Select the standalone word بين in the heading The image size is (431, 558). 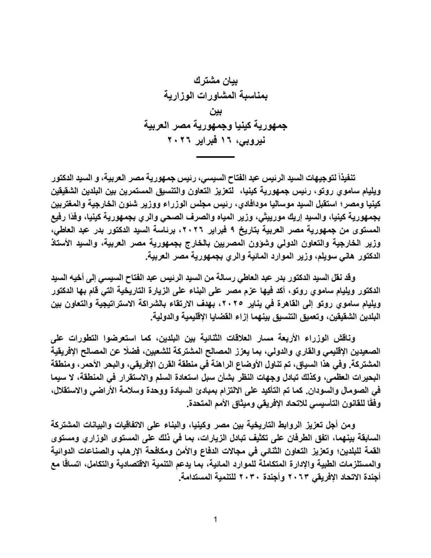coord(215,111)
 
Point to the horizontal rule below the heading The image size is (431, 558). coord(215,157)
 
